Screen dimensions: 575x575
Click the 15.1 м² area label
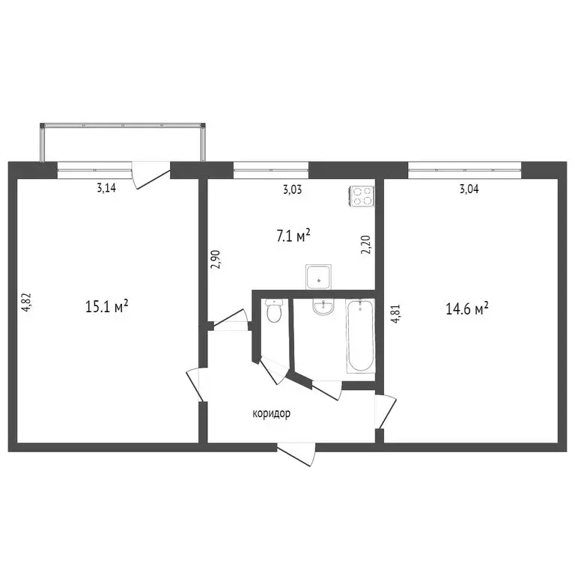[x=107, y=305]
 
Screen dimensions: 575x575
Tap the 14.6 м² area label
[x=467, y=308]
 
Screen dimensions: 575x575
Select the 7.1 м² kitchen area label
[x=293, y=236]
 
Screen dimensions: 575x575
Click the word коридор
[x=271, y=413]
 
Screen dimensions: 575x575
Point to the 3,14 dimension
[x=106, y=188]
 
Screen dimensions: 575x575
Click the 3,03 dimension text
[x=293, y=190]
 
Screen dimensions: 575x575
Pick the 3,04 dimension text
[x=469, y=189]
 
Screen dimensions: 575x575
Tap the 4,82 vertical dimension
[x=27, y=302]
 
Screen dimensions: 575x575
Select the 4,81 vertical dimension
[x=395, y=314]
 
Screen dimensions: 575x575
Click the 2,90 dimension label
[x=215, y=260]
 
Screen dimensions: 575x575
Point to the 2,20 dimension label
[x=366, y=245]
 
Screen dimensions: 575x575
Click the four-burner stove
[x=362, y=197]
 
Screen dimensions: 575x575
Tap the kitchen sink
[x=318, y=277]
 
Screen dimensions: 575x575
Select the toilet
[x=273, y=310]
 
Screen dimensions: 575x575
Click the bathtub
[x=360, y=336]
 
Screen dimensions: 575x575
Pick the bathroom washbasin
[x=323, y=306]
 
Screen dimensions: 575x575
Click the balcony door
[x=150, y=175]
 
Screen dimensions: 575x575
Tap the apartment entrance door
[x=296, y=454]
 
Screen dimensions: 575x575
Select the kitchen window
[x=271, y=170]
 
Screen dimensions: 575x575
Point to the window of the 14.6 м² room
[x=465, y=170]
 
